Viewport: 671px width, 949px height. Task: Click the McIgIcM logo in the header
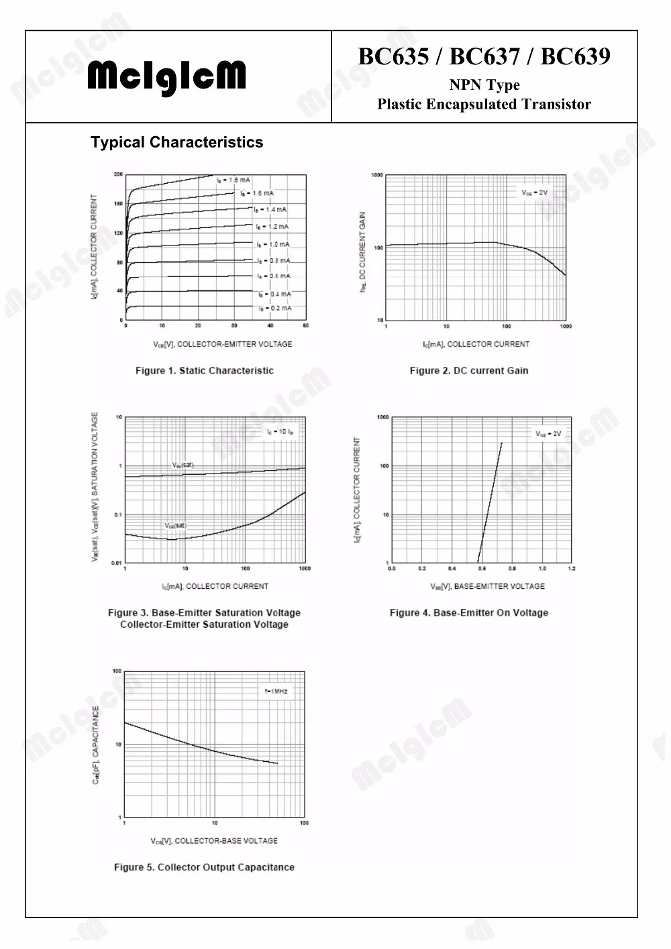166,78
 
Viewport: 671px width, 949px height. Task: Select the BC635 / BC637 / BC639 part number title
484,56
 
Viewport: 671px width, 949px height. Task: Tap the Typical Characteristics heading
176,142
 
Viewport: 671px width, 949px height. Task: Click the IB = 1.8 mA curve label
234,180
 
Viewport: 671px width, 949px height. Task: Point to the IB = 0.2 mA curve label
275,309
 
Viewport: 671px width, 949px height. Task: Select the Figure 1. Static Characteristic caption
205,370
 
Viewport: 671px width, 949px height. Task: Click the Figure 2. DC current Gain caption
469,370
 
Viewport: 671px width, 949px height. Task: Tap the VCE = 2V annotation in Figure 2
535,192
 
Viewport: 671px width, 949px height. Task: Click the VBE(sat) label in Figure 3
183,465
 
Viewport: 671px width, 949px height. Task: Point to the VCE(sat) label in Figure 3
175,526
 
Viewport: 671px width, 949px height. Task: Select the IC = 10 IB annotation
280,432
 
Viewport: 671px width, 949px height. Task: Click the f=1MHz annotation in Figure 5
276,691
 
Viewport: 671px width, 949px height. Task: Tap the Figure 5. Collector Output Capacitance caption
204,867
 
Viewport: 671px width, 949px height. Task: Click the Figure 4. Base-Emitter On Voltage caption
469,612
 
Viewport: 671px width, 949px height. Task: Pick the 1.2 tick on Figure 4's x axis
571,569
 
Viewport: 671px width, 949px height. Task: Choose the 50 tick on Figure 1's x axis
305,326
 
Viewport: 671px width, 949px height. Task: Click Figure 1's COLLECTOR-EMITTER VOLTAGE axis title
223,344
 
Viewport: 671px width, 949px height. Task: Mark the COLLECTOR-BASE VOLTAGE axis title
215,840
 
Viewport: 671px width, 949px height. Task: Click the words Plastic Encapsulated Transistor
484,104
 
